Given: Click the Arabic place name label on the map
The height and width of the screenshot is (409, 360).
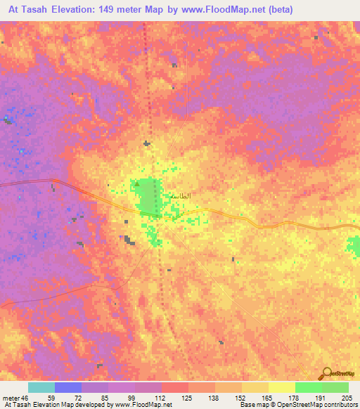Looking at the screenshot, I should (181, 196).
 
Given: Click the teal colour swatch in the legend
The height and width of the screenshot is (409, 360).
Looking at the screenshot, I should (41, 387).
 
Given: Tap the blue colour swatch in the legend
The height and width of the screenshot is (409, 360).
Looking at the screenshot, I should (67, 387).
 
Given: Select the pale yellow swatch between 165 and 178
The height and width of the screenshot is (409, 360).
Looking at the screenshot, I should (281, 387).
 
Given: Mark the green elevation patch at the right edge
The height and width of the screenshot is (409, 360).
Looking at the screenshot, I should (353, 245).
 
